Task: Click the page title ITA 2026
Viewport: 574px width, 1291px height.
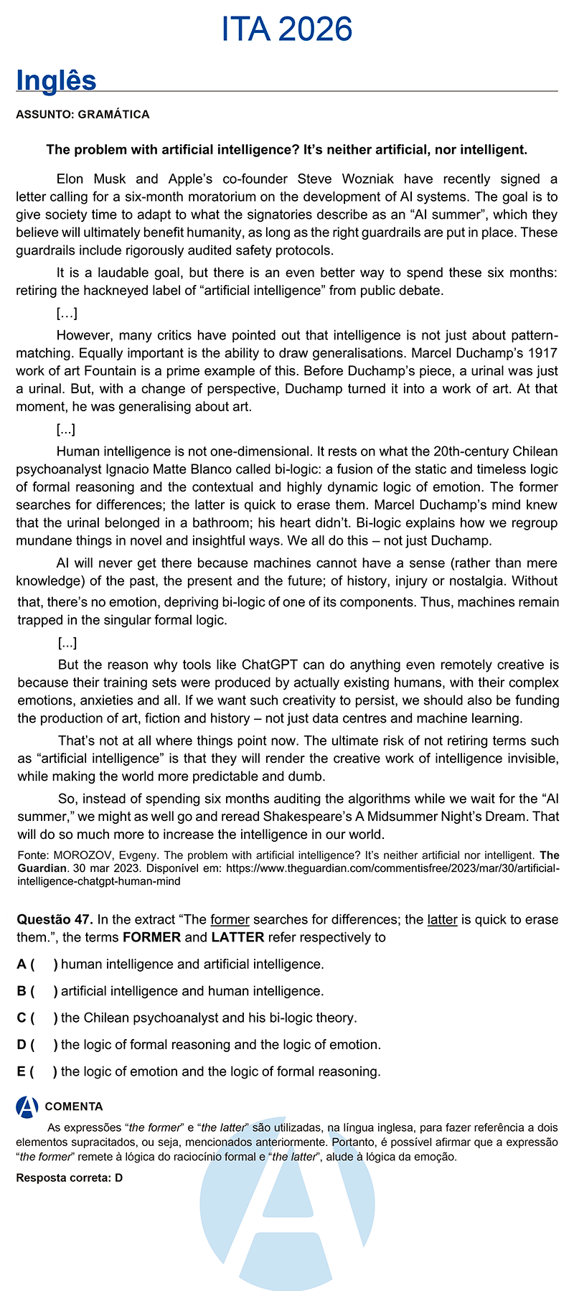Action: pos(287,30)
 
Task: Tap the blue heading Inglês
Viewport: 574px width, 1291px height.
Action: pos(56,80)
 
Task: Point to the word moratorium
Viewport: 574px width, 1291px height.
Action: pos(226,197)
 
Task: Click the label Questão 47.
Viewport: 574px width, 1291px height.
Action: pos(55,919)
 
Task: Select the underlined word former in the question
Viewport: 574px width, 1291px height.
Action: pos(230,919)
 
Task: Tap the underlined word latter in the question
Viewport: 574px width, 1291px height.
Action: pos(442,919)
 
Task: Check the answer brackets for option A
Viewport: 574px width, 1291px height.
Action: pos(44,964)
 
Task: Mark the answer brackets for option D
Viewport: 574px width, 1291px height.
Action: pos(44,1045)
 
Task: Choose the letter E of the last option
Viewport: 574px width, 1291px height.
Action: pos(22,1071)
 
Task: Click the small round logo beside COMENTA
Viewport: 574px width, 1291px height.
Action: pos(27,1107)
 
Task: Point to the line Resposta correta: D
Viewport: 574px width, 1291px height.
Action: pos(70,1178)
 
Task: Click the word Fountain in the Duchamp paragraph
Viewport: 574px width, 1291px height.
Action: pos(94,371)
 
